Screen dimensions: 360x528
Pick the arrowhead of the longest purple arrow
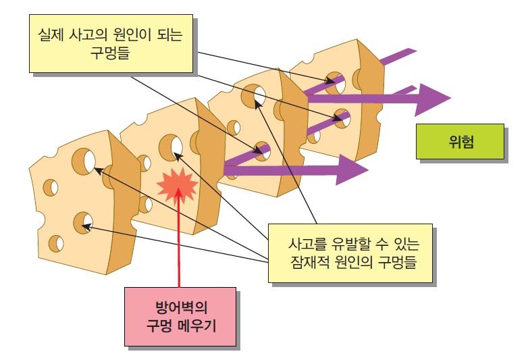pyautogui.click(x=433, y=99)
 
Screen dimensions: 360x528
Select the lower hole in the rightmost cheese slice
pyautogui.click(x=342, y=120)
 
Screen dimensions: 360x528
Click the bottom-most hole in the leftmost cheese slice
pyautogui.click(x=57, y=242)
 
